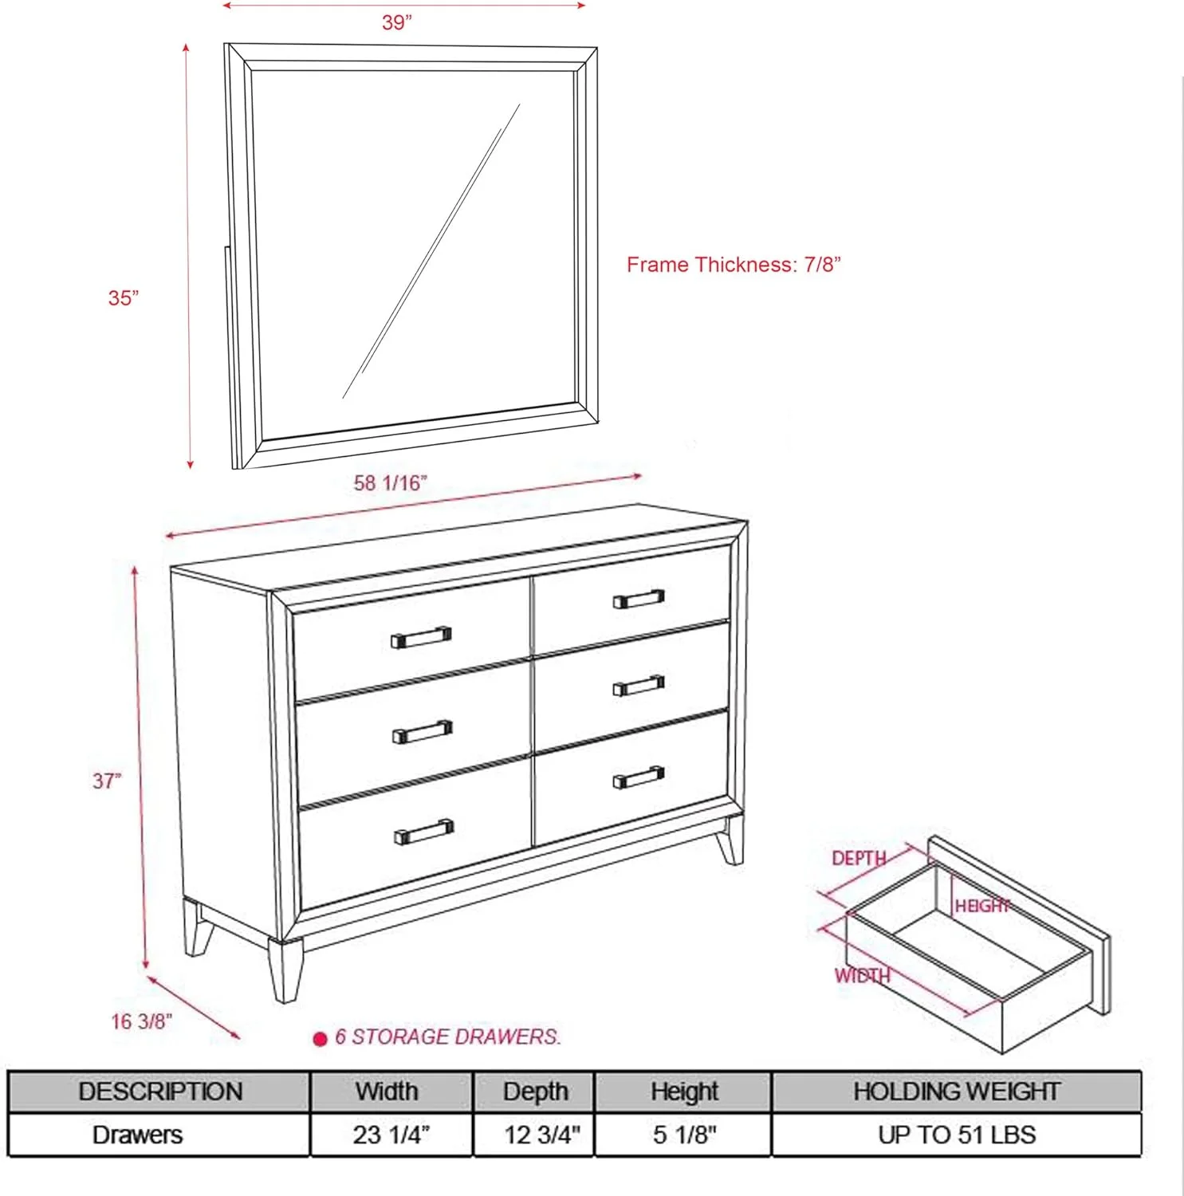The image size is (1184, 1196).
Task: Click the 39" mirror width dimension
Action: (396, 22)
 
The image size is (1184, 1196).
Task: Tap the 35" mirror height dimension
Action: (124, 298)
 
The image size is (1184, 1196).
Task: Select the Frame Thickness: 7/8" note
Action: (734, 265)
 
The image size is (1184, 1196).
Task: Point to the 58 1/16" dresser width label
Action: (390, 483)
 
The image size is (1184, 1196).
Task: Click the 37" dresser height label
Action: (107, 781)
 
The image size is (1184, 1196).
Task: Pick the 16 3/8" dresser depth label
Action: (141, 1021)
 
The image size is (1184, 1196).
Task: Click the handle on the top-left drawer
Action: (421, 637)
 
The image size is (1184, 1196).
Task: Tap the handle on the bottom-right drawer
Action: (638, 777)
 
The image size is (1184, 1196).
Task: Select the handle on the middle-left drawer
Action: (423, 732)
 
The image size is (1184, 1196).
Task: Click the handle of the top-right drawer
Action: (638, 599)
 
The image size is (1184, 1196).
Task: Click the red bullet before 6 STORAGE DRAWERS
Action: (321, 1039)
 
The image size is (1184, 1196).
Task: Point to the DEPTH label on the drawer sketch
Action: (858, 859)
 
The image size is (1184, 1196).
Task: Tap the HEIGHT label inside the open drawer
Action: (982, 907)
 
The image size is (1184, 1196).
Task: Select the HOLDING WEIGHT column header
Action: (956, 1092)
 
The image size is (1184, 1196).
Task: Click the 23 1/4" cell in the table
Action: (391, 1135)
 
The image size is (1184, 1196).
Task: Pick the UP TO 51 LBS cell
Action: (956, 1135)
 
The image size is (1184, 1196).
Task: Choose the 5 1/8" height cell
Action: (684, 1135)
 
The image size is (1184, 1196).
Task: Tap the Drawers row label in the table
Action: (137, 1135)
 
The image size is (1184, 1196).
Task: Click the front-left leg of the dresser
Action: (285, 971)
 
